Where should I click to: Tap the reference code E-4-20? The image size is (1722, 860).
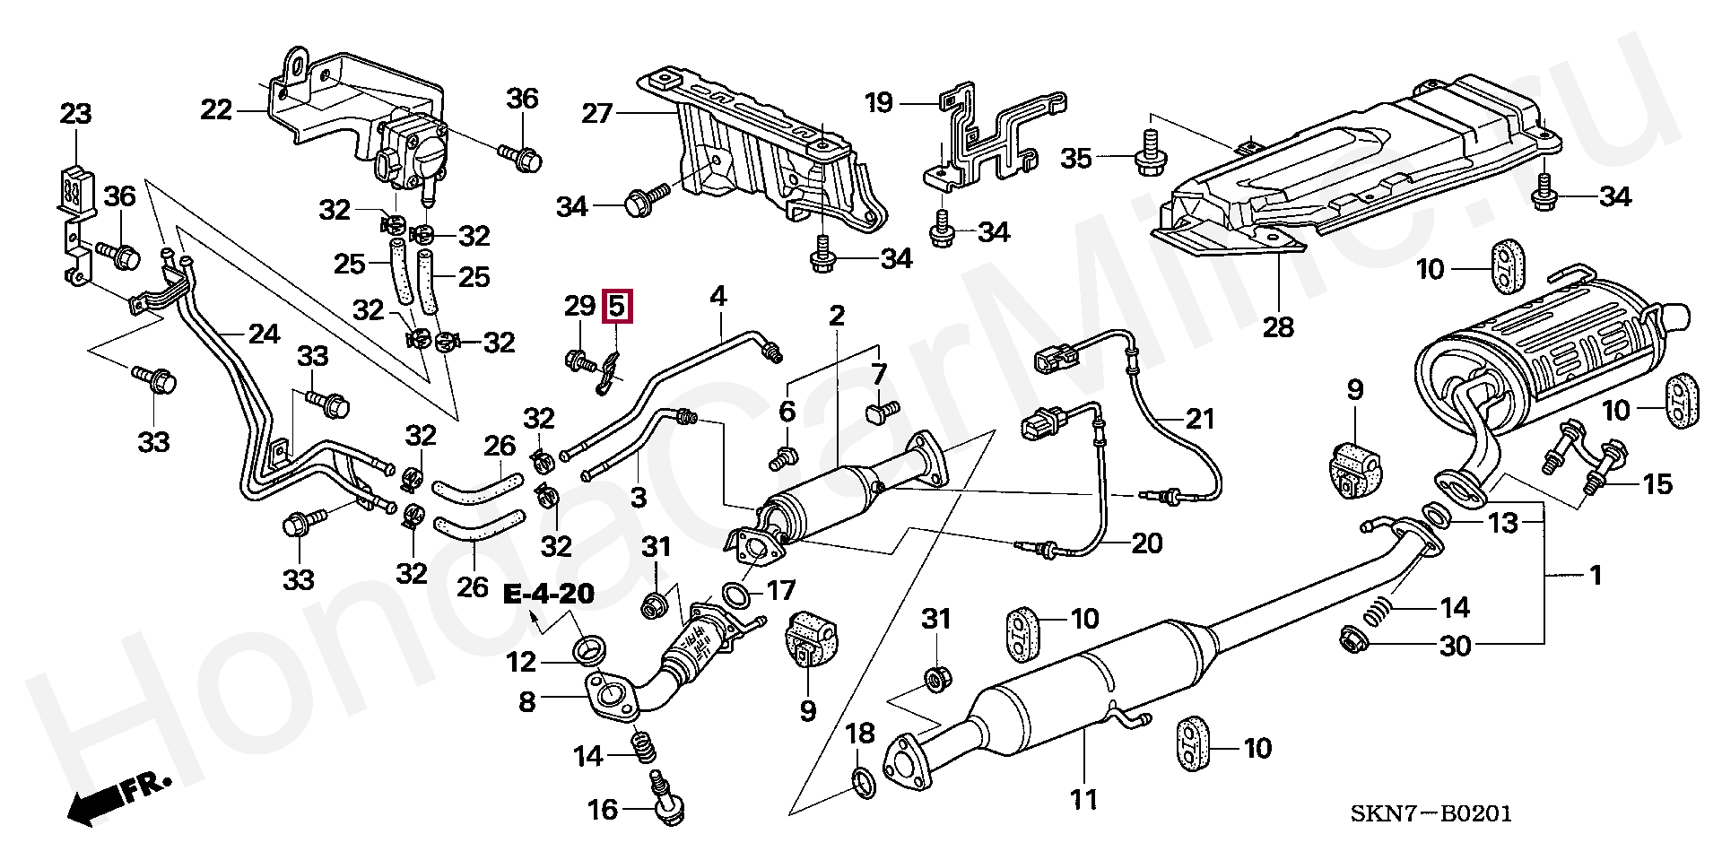(x=547, y=595)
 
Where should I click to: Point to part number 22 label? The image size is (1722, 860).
(x=216, y=110)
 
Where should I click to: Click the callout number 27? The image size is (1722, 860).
(x=596, y=114)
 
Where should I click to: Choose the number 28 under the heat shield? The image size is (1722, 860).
(x=1278, y=327)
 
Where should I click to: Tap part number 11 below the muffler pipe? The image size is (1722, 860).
(x=1084, y=798)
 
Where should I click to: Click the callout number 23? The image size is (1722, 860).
(x=75, y=115)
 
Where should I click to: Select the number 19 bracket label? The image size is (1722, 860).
(x=879, y=103)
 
